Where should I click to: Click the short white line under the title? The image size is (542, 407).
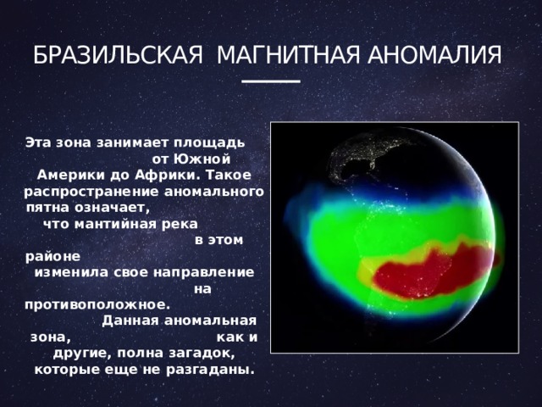(x=271, y=81)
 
